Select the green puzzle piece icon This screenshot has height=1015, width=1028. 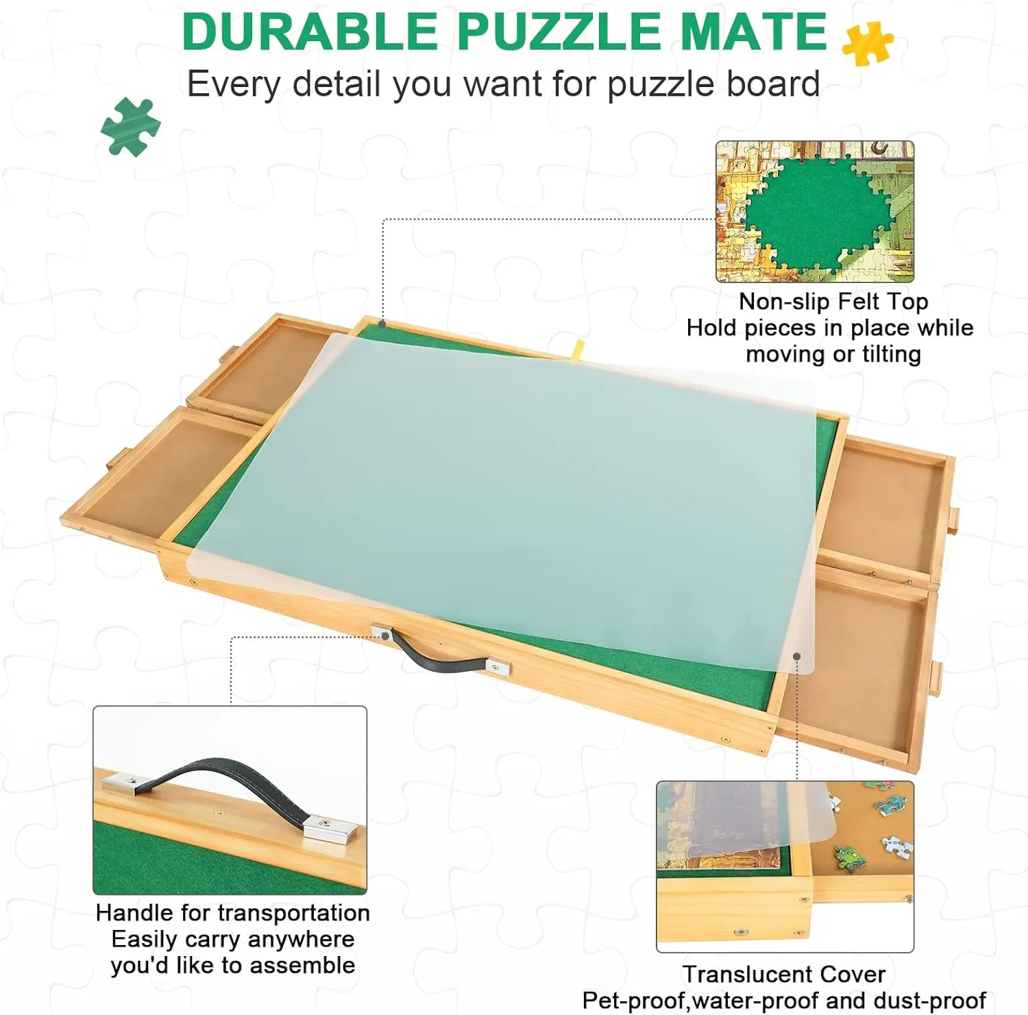point(130,127)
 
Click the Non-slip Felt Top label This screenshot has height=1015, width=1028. point(833,302)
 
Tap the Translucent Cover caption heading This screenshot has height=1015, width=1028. point(783,974)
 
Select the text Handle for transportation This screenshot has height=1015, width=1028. point(232,913)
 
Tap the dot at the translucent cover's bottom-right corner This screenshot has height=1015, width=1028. point(797,657)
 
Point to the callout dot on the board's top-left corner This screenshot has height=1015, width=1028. point(382,323)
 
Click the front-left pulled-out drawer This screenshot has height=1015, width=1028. point(158,473)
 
